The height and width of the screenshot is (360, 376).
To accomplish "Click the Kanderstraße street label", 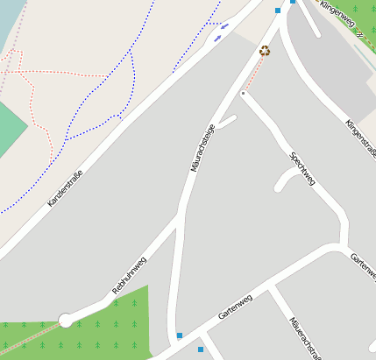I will pos(65,188).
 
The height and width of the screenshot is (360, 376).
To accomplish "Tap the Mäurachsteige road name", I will pos(202,147).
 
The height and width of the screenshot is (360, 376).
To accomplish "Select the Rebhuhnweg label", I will pos(129,275).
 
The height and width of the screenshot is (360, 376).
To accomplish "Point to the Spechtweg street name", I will pos(302,169).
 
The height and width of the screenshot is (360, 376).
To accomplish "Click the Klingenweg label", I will pos(341,19).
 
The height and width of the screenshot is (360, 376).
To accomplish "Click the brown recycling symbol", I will pos(265,51).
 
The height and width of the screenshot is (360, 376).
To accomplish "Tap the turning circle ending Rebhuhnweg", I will pos(65,320).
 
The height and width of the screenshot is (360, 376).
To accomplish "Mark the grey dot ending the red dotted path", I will pos(244,92).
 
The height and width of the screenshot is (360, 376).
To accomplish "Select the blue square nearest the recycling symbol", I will pos(278,11).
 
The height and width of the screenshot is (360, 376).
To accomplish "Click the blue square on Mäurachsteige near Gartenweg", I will pos(180,335).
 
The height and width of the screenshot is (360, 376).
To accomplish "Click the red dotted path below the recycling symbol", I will pos(253,74).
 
